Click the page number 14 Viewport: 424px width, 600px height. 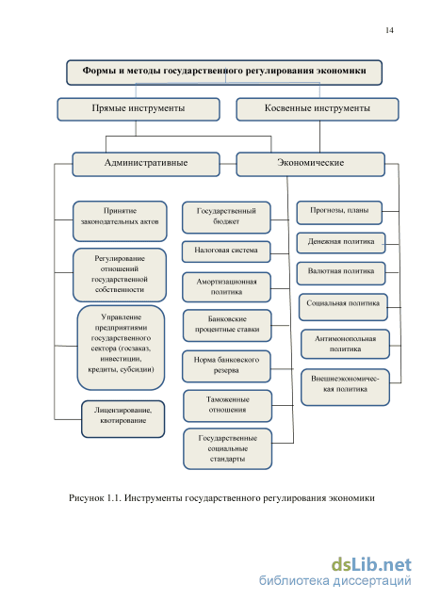389,30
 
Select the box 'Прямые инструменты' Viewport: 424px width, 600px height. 139,109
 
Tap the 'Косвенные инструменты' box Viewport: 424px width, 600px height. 318,109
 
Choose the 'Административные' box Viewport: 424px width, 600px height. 146,164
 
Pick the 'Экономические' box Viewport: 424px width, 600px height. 310,164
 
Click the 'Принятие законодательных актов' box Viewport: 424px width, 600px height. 120,221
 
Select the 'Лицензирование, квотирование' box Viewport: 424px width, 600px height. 122,419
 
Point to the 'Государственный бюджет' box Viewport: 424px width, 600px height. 226,218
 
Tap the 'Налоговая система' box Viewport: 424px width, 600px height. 226,251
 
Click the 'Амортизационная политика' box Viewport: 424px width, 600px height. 226,287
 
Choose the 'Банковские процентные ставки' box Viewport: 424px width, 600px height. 227,326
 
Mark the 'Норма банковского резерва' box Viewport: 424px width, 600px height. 226,366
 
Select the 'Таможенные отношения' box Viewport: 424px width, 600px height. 227,406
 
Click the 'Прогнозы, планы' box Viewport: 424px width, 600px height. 339,212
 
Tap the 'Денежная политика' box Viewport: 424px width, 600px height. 340,243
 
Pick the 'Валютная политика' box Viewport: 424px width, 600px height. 340,273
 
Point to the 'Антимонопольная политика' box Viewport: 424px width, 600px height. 345,344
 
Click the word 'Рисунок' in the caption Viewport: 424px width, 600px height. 86,498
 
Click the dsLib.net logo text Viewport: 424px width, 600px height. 371,565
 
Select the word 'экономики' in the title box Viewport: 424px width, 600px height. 342,71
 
